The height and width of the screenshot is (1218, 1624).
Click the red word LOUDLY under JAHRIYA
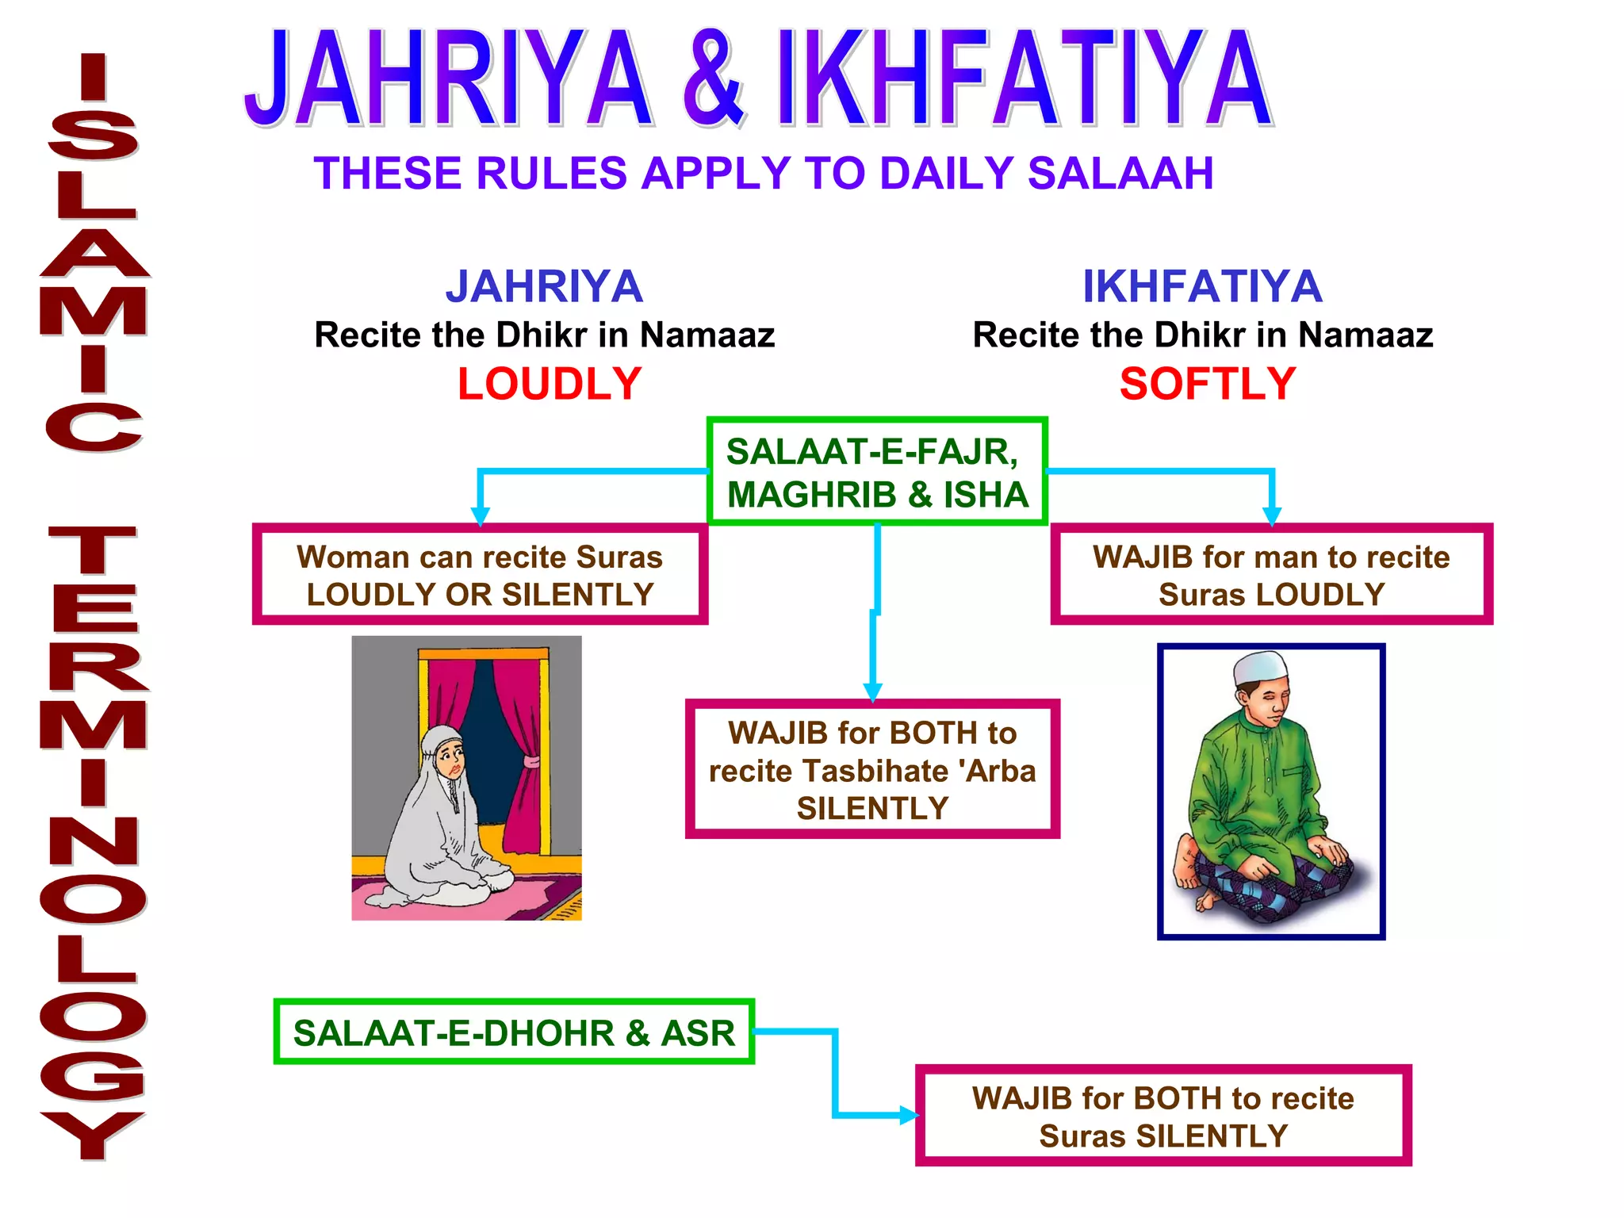click(x=550, y=384)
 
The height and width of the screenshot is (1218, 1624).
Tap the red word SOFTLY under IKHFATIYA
click(x=1207, y=384)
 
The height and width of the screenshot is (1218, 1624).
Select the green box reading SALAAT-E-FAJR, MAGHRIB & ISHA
click(x=877, y=472)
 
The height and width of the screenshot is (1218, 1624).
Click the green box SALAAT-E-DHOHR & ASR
click(x=514, y=1032)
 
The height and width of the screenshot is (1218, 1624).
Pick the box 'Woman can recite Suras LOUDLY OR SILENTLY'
click(x=480, y=575)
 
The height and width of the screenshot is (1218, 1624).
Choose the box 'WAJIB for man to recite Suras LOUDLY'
click(x=1271, y=575)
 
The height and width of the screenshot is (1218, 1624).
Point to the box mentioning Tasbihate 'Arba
click(x=872, y=769)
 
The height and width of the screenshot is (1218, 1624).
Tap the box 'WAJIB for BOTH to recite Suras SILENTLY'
click(x=1163, y=1116)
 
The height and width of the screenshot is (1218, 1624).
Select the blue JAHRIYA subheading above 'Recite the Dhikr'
click(x=544, y=286)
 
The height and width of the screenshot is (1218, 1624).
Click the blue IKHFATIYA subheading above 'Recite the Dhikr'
click(x=1202, y=286)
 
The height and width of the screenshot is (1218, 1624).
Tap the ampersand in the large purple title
click(x=713, y=79)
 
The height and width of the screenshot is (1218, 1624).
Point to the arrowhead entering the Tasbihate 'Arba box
click(x=873, y=691)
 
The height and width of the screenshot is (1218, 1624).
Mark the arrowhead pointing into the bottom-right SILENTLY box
click(x=909, y=1116)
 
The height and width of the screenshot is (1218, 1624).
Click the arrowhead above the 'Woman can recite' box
click(x=480, y=517)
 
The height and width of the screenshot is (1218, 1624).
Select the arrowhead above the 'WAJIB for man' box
click(x=1271, y=517)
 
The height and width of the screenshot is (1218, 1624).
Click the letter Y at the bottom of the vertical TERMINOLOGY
click(x=93, y=1134)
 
